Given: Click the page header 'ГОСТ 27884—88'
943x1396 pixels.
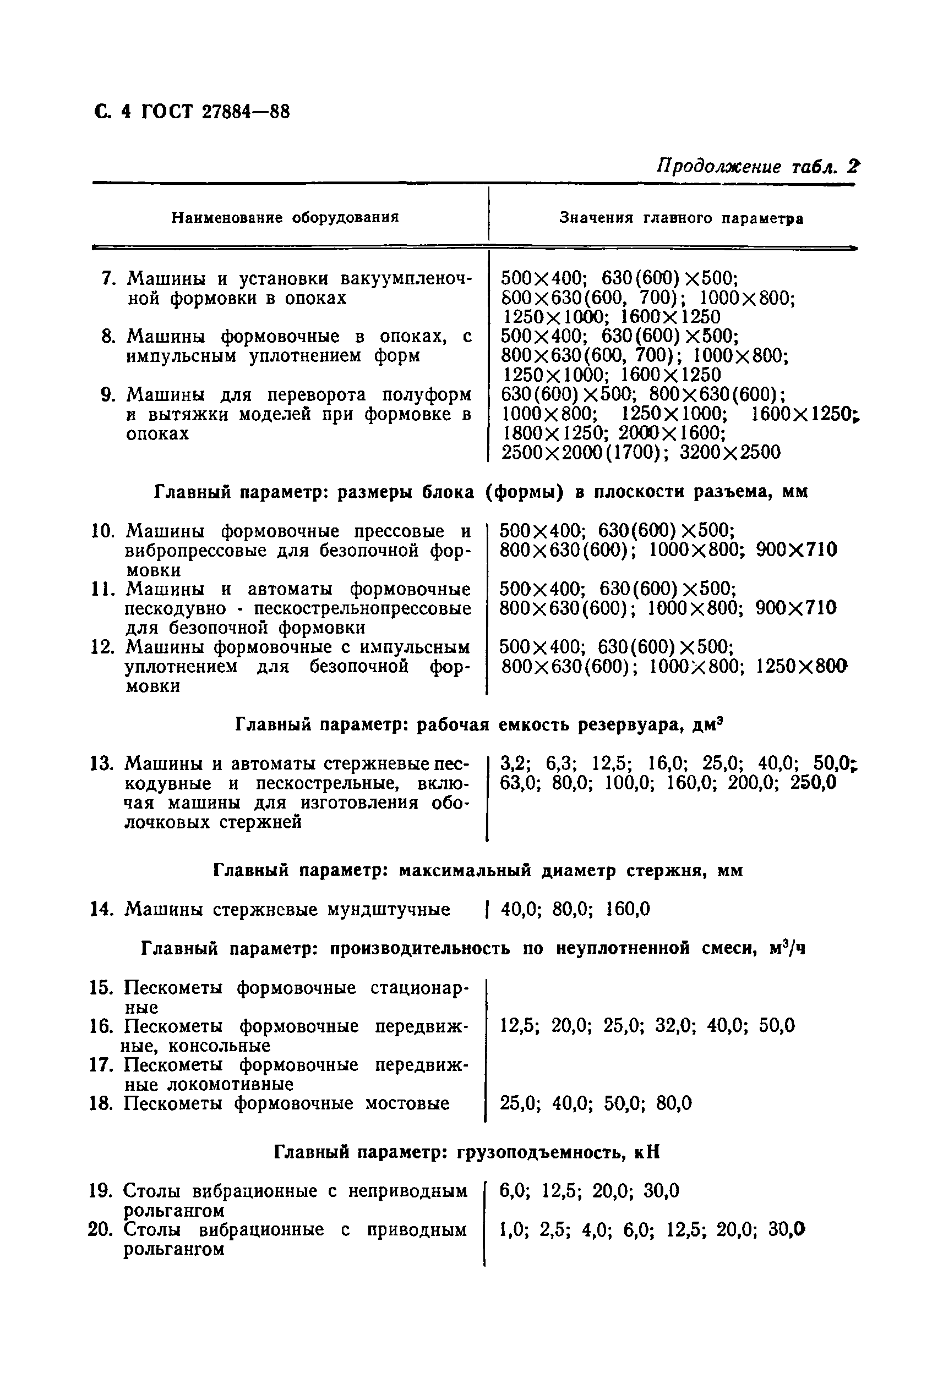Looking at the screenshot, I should coord(215,112).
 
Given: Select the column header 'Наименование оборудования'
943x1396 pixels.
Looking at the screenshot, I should coord(285,217).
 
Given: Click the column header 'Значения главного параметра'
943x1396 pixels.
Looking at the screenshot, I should coord(681,218).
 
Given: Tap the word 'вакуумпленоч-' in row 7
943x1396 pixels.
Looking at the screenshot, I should coord(406,279).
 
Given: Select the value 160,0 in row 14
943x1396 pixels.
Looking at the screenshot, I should coord(628,909).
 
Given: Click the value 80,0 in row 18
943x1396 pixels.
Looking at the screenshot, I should coord(674,1103).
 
